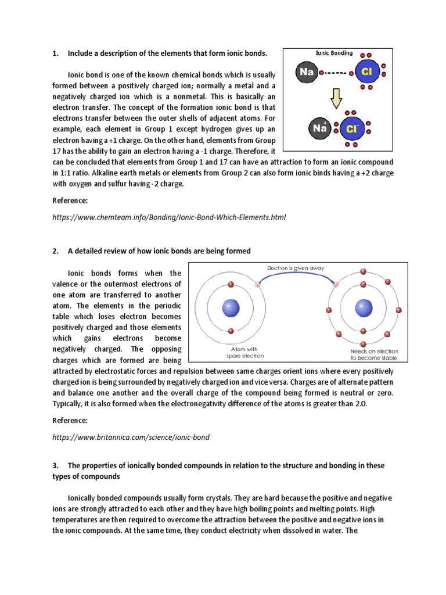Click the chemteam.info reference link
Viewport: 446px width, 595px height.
169,217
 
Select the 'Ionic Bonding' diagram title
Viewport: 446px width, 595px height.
334,53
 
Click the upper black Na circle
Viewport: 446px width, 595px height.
306,72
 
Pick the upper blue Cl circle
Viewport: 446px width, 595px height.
366,73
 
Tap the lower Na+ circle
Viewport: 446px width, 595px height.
320,128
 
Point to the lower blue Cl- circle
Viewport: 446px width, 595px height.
351,128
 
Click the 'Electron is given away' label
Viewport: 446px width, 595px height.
296,268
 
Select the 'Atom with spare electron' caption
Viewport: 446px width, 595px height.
228,352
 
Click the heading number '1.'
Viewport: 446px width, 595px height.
56,53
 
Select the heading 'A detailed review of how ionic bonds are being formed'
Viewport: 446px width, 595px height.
159,251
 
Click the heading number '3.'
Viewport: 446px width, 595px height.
56,466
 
